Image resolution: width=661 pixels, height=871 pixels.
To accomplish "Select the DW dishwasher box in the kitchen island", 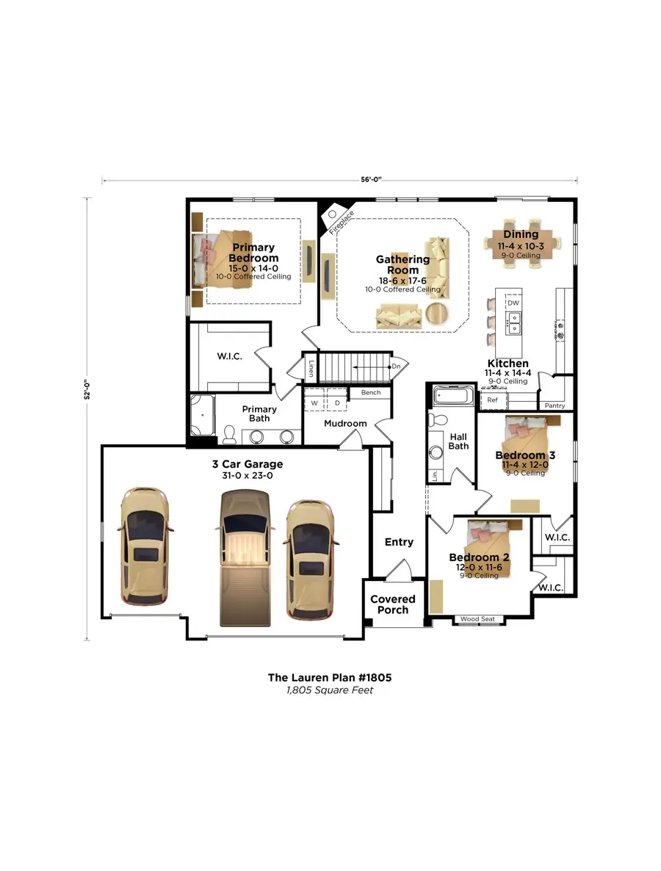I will (513, 303).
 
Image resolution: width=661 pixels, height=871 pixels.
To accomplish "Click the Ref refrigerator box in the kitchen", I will (493, 400).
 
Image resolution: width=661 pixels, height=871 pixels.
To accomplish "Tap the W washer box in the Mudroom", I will (314, 402).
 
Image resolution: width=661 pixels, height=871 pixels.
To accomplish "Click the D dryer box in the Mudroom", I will (337, 402).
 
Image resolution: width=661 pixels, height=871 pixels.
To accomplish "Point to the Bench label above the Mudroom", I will (370, 393).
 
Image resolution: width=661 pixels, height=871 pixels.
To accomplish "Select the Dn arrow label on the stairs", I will (395, 366).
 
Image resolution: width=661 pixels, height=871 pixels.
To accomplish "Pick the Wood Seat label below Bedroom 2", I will (477, 619).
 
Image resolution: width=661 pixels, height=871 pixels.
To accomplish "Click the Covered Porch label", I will (392, 604).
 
